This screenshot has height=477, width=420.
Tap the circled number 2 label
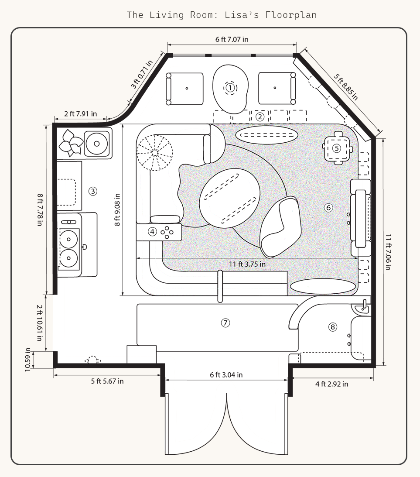[x=260, y=117]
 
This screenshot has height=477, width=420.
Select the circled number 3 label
[x=92, y=191]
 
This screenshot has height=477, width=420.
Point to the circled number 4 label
[x=152, y=231]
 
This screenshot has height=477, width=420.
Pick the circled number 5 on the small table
[x=336, y=148]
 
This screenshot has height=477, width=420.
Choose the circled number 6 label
[x=329, y=208]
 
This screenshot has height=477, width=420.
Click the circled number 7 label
[x=225, y=323]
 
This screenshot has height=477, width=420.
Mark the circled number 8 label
[x=333, y=326]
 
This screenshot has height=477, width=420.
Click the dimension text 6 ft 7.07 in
[x=232, y=39]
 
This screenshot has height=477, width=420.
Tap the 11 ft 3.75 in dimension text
[x=247, y=264]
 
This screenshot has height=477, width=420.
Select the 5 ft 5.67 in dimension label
[x=107, y=381]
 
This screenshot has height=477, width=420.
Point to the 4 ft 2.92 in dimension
[x=332, y=384]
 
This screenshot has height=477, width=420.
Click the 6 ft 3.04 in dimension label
[x=226, y=374]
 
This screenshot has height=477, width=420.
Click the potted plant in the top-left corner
[x=71, y=142]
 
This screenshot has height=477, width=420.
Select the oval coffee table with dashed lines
[x=230, y=198]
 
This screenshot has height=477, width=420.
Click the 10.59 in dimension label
[x=28, y=359]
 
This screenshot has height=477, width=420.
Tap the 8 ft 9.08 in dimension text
[x=117, y=209]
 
